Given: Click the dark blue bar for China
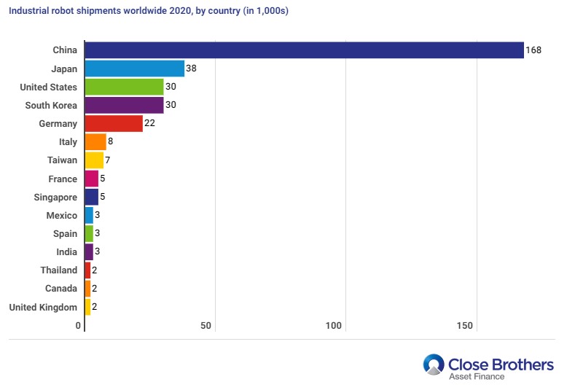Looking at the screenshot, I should pos(304,50).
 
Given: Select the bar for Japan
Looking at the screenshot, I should pos(135,69).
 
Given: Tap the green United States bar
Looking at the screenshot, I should pos(124,87).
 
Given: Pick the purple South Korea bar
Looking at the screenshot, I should pos(124,105).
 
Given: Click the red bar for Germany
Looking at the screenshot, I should pos(114,123).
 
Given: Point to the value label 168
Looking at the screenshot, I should pos(533,50).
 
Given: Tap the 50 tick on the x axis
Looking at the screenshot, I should pos(206,326).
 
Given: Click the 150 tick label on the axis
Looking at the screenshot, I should pos(463,326).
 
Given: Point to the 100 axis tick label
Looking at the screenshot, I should pos(335,326).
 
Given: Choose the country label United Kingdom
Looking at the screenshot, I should pos(43,307).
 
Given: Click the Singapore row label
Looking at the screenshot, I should pos(55,197).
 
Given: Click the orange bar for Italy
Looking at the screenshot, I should pos(95,142).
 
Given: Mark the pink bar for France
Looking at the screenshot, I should pos(91,179).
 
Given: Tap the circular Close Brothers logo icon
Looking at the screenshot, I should pos(434,365).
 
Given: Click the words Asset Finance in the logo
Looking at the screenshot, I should pos(477,376).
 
